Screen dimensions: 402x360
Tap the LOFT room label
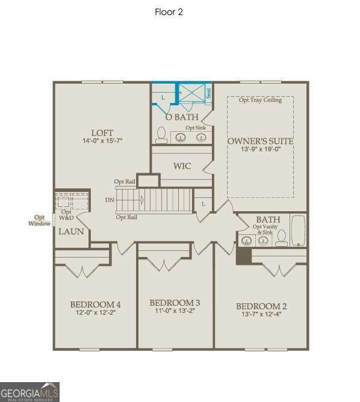click(x=102, y=133)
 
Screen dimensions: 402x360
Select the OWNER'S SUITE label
click(x=260, y=141)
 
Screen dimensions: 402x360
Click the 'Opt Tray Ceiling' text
click(x=260, y=100)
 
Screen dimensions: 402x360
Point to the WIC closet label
click(x=182, y=166)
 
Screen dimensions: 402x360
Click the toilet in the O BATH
click(x=161, y=134)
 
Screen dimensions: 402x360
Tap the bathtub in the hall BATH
click(x=297, y=231)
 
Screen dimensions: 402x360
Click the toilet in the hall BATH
click(x=281, y=239)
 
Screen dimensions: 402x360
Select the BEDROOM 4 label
click(x=95, y=304)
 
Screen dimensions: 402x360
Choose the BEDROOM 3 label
click(x=175, y=303)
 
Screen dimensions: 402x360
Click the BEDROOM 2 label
click(x=261, y=306)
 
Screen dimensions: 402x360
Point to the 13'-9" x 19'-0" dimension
click(x=260, y=149)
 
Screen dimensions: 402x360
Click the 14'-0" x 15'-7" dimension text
click(x=102, y=141)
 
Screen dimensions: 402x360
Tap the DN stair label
click(x=110, y=199)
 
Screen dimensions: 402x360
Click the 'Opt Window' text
click(x=39, y=220)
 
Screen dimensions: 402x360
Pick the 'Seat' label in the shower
click(x=208, y=93)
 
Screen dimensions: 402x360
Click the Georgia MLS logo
click(x=29, y=391)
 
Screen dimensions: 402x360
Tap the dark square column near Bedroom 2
click(x=243, y=255)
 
